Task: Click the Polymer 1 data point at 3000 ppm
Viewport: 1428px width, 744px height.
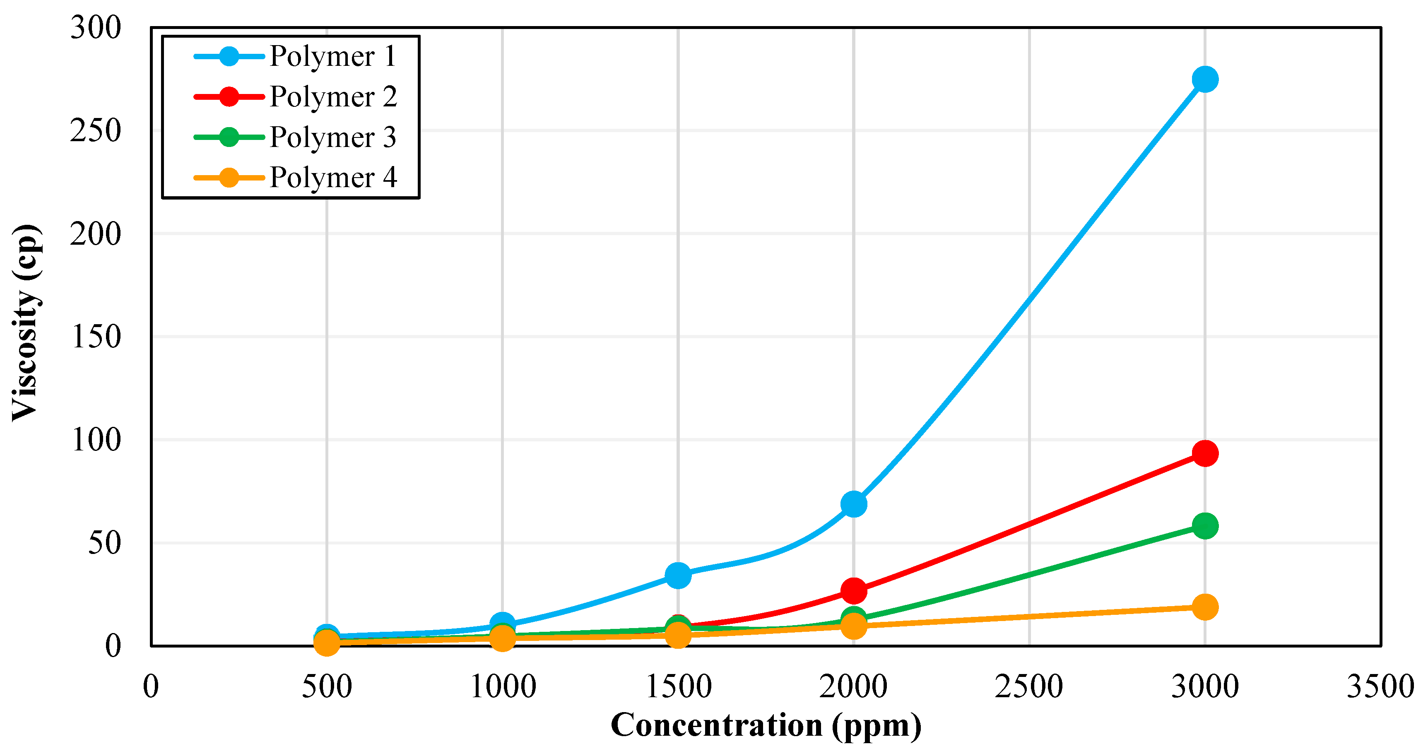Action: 1204,79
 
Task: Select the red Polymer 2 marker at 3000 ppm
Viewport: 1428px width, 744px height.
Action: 1204,453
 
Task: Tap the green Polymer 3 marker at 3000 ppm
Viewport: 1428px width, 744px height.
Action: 1204,525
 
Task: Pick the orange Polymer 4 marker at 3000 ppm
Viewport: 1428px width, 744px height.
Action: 1204,607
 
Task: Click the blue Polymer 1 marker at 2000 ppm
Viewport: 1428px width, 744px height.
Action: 854,504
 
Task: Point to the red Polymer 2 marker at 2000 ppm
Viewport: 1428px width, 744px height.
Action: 854,590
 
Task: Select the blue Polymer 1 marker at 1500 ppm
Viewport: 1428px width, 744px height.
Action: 678,575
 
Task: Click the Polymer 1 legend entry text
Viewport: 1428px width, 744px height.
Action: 332,56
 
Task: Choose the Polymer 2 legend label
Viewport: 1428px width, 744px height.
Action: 332,96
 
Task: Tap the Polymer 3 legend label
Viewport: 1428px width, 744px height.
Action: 332,137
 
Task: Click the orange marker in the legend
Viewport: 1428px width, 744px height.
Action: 229,177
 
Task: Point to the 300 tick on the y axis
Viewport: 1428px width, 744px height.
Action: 95,27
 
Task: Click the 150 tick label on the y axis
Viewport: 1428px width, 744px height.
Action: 95,337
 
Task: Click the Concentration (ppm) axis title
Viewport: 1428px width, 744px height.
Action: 766,725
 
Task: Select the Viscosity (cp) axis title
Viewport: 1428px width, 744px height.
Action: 25,323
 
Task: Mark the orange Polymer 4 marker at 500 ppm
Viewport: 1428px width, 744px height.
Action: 327,643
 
